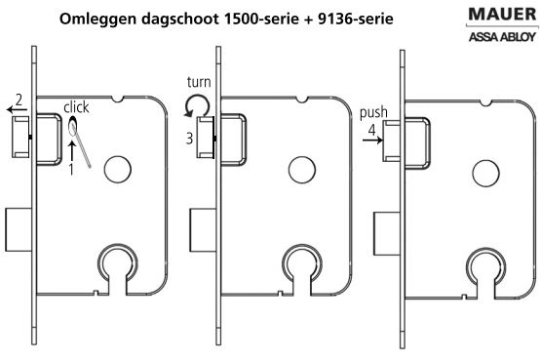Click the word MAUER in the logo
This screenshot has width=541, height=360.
pos(494,17)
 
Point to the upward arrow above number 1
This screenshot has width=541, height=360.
pos(73,149)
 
